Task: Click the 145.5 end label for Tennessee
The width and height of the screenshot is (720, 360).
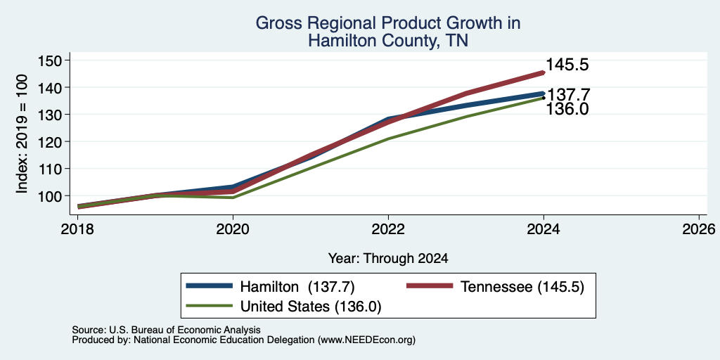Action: tap(567, 65)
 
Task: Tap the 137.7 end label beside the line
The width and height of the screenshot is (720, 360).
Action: tap(568, 95)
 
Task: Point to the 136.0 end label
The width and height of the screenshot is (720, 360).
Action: tap(567, 109)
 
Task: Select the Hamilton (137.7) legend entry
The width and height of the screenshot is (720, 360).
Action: tap(271, 287)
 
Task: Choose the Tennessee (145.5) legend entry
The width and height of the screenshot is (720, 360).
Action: tap(496, 287)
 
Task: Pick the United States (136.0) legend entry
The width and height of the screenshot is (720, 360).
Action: tap(283, 307)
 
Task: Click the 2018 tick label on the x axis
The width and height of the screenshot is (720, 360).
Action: tap(77, 229)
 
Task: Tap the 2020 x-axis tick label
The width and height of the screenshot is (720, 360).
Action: tap(233, 229)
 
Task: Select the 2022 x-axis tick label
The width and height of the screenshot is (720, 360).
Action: tap(388, 229)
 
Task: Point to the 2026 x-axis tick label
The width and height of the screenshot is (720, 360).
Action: tap(700, 229)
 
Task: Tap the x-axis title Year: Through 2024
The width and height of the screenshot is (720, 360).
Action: tap(388, 259)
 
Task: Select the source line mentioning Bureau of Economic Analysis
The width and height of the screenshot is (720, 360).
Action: tap(166, 330)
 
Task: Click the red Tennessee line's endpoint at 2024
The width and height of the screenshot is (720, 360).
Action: tap(544, 72)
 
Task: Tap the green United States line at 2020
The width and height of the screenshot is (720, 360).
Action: tap(233, 198)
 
